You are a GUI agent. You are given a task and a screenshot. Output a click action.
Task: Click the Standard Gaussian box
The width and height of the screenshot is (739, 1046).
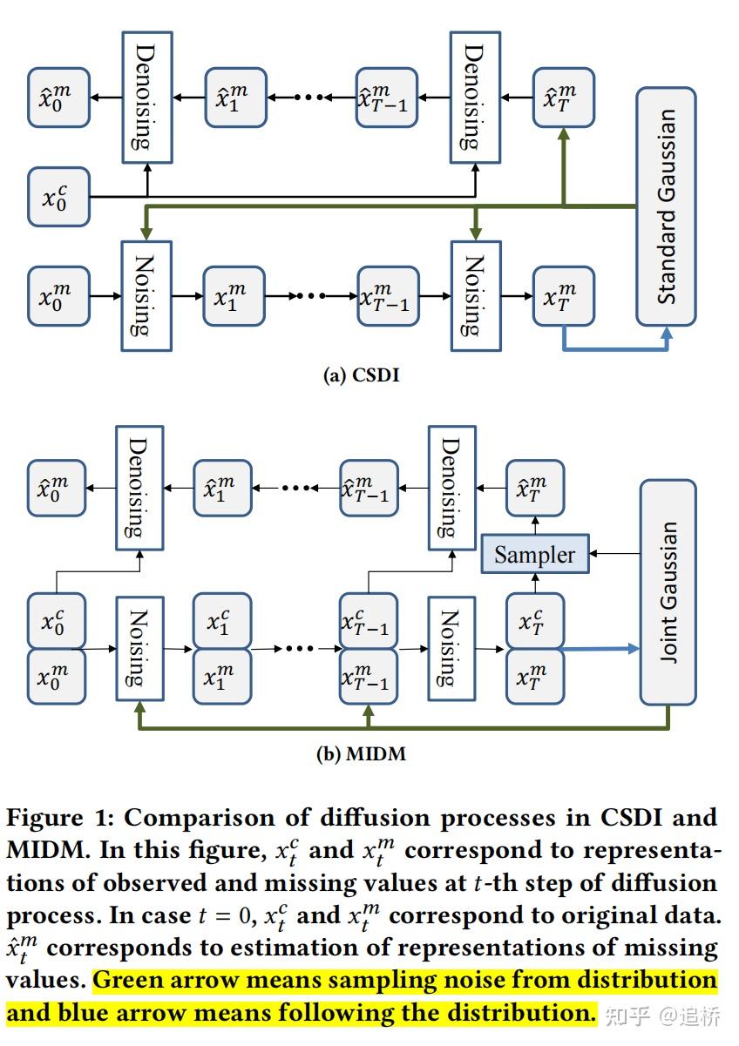[x=666, y=206]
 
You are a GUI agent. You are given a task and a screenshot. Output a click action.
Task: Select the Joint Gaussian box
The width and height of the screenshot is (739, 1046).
[x=668, y=591]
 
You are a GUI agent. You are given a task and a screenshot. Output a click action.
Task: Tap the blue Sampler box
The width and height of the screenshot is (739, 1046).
[x=534, y=555]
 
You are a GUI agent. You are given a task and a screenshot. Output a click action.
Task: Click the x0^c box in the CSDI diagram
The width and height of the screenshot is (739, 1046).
[x=58, y=197]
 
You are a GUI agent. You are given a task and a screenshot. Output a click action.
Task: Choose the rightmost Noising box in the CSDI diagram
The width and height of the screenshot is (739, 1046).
[x=477, y=296]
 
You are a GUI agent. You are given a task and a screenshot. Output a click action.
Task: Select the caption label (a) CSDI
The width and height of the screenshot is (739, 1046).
[x=362, y=376]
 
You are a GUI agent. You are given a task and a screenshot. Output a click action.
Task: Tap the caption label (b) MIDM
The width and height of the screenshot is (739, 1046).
[x=360, y=753]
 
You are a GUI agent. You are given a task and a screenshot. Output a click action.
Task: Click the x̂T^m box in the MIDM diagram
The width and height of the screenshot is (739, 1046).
[x=534, y=489]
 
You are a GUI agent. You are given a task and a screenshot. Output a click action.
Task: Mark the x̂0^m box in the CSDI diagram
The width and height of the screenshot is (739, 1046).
[x=58, y=97]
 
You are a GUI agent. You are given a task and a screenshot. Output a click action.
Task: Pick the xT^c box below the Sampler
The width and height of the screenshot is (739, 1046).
[x=535, y=621]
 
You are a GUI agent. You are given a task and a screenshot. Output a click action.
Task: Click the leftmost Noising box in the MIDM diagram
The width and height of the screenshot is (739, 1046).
[x=139, y=648]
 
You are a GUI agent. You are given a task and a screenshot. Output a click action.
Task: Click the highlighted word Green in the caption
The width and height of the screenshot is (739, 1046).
[x=131, y=981]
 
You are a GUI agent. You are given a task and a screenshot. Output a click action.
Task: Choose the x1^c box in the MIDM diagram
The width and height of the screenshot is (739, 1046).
[x=222, y=621]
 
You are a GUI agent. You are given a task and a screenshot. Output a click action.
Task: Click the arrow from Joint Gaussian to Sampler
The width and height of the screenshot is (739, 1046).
[x=614, y=553]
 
